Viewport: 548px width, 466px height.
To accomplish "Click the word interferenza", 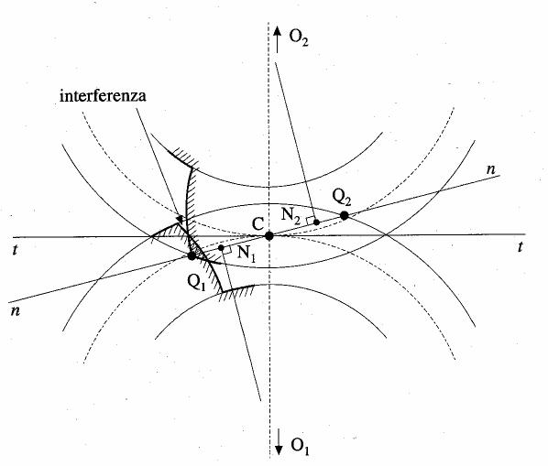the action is pos(103,95).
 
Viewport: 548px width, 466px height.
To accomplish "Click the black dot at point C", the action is pos(269,236).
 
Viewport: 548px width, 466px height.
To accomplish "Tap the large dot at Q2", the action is pos(345,215).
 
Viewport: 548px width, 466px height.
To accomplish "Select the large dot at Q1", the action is pos(192,255).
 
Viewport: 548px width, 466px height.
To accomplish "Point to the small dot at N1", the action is pos(221,248).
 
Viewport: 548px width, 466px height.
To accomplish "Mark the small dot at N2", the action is pos(317,222).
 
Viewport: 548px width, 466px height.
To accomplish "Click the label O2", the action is pos(299,37).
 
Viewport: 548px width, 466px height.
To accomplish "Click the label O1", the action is pos(301,446).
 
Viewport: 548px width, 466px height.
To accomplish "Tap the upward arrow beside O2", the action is pos(277,39).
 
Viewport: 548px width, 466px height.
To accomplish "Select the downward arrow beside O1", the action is pos(279,442).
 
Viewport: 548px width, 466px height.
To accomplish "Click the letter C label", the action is pos(258,223).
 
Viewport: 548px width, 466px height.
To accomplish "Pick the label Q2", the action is pos(341,198).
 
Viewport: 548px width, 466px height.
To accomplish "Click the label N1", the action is pos(247,253).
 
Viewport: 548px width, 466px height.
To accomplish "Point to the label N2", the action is pos(290,215).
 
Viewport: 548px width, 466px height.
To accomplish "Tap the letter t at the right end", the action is pos(521,247).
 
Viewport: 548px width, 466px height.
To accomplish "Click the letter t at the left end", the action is pos(15,250).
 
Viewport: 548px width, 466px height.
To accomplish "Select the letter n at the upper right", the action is pos(491,169).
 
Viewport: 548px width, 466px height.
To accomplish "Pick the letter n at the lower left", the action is pos(15,310).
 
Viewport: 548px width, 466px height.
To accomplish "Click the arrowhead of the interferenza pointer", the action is pos(181,219).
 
